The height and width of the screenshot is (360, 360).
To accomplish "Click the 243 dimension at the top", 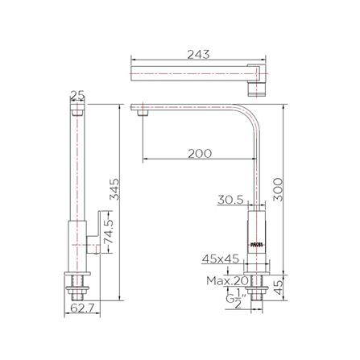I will [x=198, y=54].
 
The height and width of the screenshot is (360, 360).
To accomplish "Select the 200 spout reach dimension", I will [x=200, y=153].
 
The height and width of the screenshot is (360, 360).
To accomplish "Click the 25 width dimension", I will [x=77, y=96].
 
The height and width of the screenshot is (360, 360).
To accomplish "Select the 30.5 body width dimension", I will [x=230, y=200].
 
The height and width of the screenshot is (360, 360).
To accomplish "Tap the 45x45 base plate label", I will [x=219, y=259].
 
